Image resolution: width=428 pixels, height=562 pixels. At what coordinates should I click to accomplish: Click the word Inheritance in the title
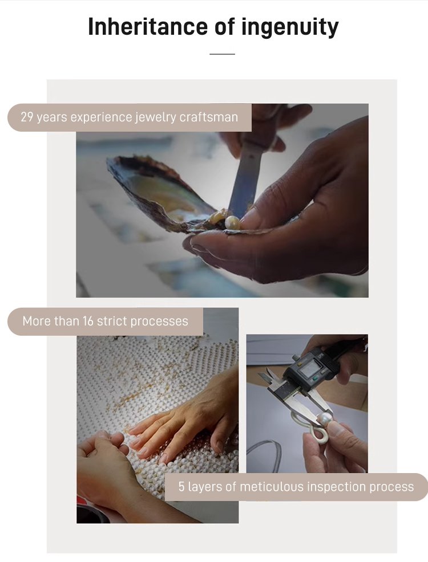[x=147, y=27]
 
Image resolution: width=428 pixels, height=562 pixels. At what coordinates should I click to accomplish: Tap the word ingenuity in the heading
[x=290, y=27]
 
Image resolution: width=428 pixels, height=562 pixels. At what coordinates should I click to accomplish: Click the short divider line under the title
[x=222, y=54]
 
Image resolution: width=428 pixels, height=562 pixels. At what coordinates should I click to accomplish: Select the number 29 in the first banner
[x=27, y=117]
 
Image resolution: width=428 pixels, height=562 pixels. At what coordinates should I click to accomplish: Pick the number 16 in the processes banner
[x=88, y=321]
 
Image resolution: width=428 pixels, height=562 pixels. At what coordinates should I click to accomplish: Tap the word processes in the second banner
[x=159, y=321]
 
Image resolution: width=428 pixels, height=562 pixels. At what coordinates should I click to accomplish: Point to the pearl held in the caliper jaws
[x=326, y=418]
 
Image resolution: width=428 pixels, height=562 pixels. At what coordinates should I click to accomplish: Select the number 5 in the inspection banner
[x=181, y=487]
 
